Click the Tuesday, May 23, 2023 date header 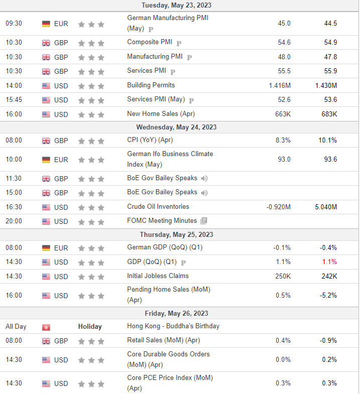tap(176, 6)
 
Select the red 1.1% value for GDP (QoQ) tap(329, 262)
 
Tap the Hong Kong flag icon tap(46, 327)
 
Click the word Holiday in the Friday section tap(90, 326)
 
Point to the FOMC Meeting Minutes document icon tap(204, 221)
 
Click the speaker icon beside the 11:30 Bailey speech tap(204, 178)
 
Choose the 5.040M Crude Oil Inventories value tap(326, 207)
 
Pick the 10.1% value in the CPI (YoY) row tap(327, 140)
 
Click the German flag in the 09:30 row tap(46, 24)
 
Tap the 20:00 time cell tap(14, 221)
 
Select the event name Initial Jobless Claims tap(158, 276)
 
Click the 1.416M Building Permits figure tap(280, 86)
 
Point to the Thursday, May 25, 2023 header tap(176, 234)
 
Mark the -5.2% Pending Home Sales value tap(328, 295)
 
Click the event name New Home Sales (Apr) tap(161, 114)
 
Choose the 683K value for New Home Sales tap(329, 114)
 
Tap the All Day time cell tap(16, 327)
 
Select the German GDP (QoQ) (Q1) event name tap(164, 247)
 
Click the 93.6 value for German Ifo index tap(330, 159)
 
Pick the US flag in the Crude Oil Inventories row tap(46, 207)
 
